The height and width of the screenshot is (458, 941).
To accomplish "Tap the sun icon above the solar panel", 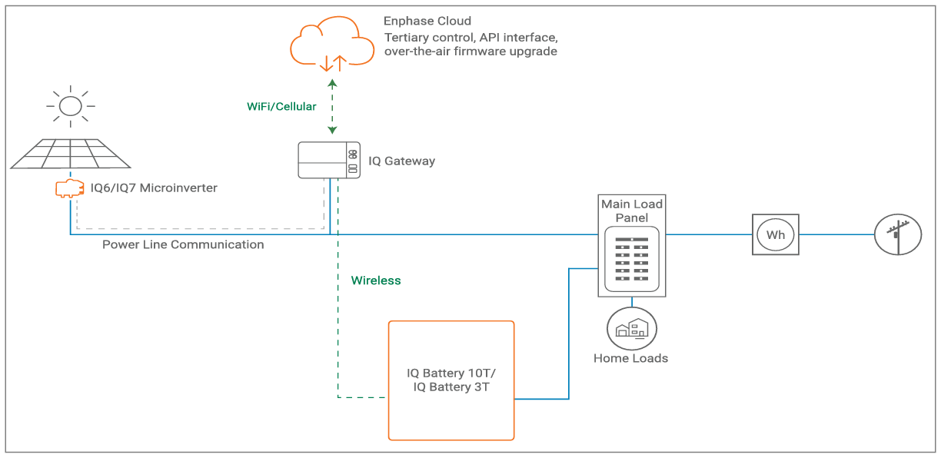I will pyautogui.click(x=70, y=105).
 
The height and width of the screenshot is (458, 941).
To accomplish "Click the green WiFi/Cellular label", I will pyautogui.click(x=281, y=107).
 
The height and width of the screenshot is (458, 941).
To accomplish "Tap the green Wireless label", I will pyautogui.click(x=376, y=280).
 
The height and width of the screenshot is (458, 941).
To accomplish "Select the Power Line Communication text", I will pyautogui.click(x=183, y=244).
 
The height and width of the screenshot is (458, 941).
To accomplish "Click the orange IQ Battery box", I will pyautogui.click(x=451, y=380).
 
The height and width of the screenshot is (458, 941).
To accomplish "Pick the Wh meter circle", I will pyautogui.click(x=775, y=234).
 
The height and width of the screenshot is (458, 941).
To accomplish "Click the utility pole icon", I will pyautogui.click(x=898, y=234).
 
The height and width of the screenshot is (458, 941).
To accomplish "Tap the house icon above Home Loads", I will pyautogui.click(x=632, y=328).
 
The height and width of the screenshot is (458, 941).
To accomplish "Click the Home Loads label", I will pyautogui.click(x=630, y=358).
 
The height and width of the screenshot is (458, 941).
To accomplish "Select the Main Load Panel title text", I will pyautogui.click(x=632, y=211).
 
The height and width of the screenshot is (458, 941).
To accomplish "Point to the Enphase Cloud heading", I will pyautogui.click(x=427, y=21).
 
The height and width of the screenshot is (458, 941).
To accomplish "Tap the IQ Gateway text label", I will pyautogui.click(x=401, y=161).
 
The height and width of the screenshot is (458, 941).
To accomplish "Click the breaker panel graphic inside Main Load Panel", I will pyautogui.click(x=632, y=262).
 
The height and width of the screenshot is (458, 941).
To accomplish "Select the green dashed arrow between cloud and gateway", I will pyautogui.click(x=331, y=107).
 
